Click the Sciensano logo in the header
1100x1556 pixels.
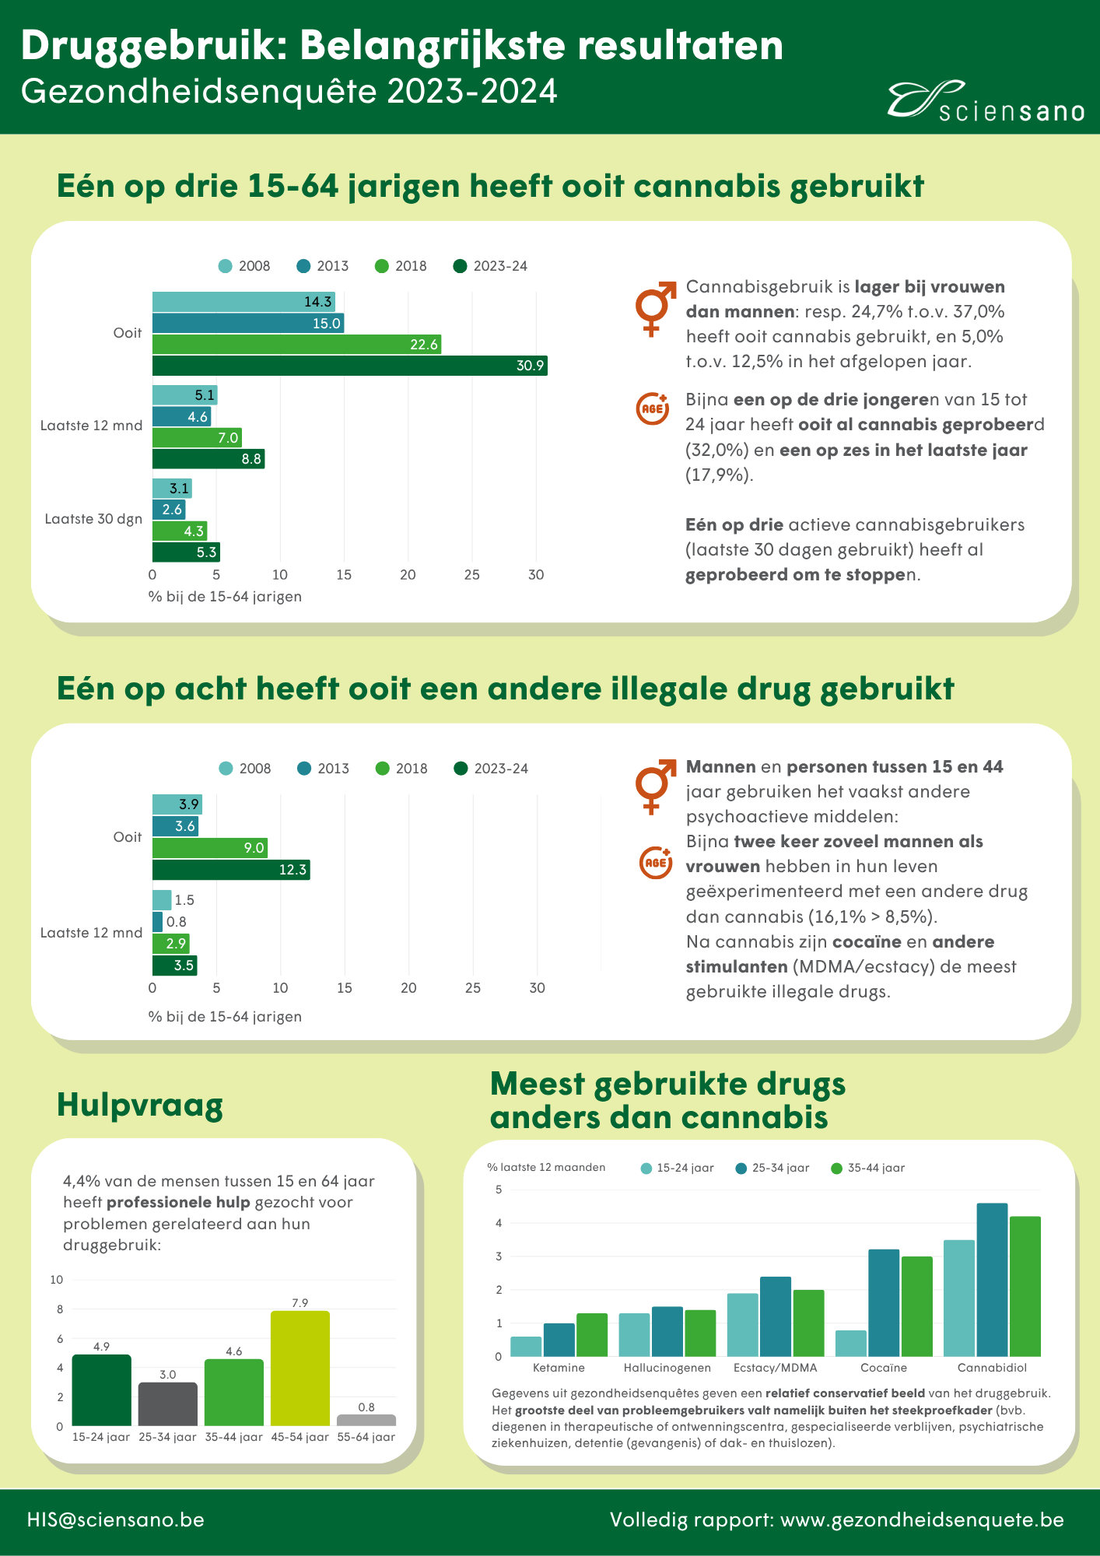click(986, 102)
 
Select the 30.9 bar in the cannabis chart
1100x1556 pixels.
click(349, 366)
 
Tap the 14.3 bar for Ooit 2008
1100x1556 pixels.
click(243, 302)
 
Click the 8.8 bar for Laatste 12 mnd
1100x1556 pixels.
click(208, 459)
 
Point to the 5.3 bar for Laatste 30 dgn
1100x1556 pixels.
click(186, 552)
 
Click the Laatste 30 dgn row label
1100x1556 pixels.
click(93, 519)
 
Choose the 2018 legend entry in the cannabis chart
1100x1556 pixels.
click(401, 266)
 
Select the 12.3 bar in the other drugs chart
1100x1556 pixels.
click(231, 870)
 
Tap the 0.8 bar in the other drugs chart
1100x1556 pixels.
click(157, 922)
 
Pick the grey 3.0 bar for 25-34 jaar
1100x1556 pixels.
click(168, 1404)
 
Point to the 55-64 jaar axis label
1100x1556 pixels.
click(366, 1437)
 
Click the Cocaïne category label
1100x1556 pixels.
click(884, 1368)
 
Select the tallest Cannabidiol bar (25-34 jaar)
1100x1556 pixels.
click(992, 1280)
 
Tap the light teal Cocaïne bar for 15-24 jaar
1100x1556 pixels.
click(851, 1344)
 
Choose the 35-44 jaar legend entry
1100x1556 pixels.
click(868, 1168)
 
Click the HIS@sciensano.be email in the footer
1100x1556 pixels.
click(116, 1519)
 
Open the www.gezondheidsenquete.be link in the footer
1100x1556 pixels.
click(922, 1519)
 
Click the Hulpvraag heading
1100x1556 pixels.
click(140, 1106)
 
